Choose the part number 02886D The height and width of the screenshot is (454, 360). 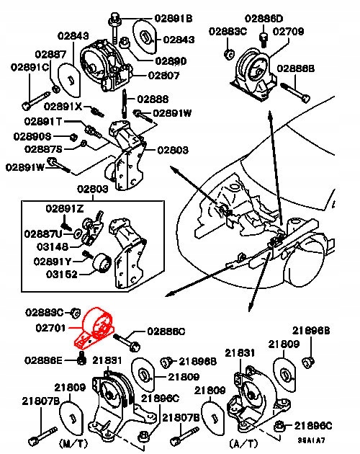[x=264, y=18]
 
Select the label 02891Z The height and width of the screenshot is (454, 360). [x=66, y=208]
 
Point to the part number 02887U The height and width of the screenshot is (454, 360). [x=45, y=233]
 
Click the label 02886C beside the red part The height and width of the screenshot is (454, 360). [x=166, y=331]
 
